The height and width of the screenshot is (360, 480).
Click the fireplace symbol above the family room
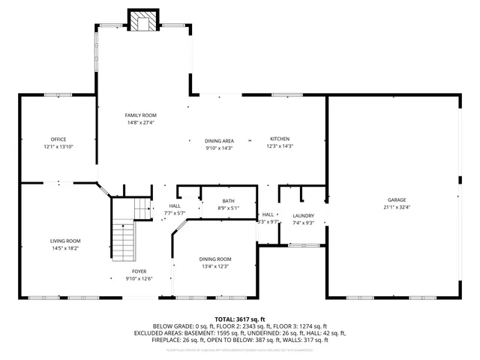tap(143, 21)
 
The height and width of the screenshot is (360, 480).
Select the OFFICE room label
tap(58, 139)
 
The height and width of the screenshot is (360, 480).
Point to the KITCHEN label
tap(279, 139)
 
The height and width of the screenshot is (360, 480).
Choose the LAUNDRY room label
tap(303, 216)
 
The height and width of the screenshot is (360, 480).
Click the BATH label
tap(228, 201)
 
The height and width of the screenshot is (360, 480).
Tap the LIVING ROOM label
tap(65, 241)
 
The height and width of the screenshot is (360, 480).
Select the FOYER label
tap(139, 271)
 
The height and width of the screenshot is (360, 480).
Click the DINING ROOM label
tap(214, 259)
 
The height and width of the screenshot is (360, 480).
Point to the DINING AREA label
tap(219, 141)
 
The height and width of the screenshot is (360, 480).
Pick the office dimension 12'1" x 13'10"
tap(58, 147)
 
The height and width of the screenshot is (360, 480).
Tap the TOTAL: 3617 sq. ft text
tap(240, 319)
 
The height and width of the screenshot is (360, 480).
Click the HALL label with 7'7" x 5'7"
tap(175, 205)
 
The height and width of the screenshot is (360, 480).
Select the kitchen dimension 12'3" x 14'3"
tap(279, 147)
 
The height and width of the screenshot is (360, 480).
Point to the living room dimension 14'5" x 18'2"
tap(65, 247)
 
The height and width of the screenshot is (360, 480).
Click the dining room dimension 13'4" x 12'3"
tap(214, 266)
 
